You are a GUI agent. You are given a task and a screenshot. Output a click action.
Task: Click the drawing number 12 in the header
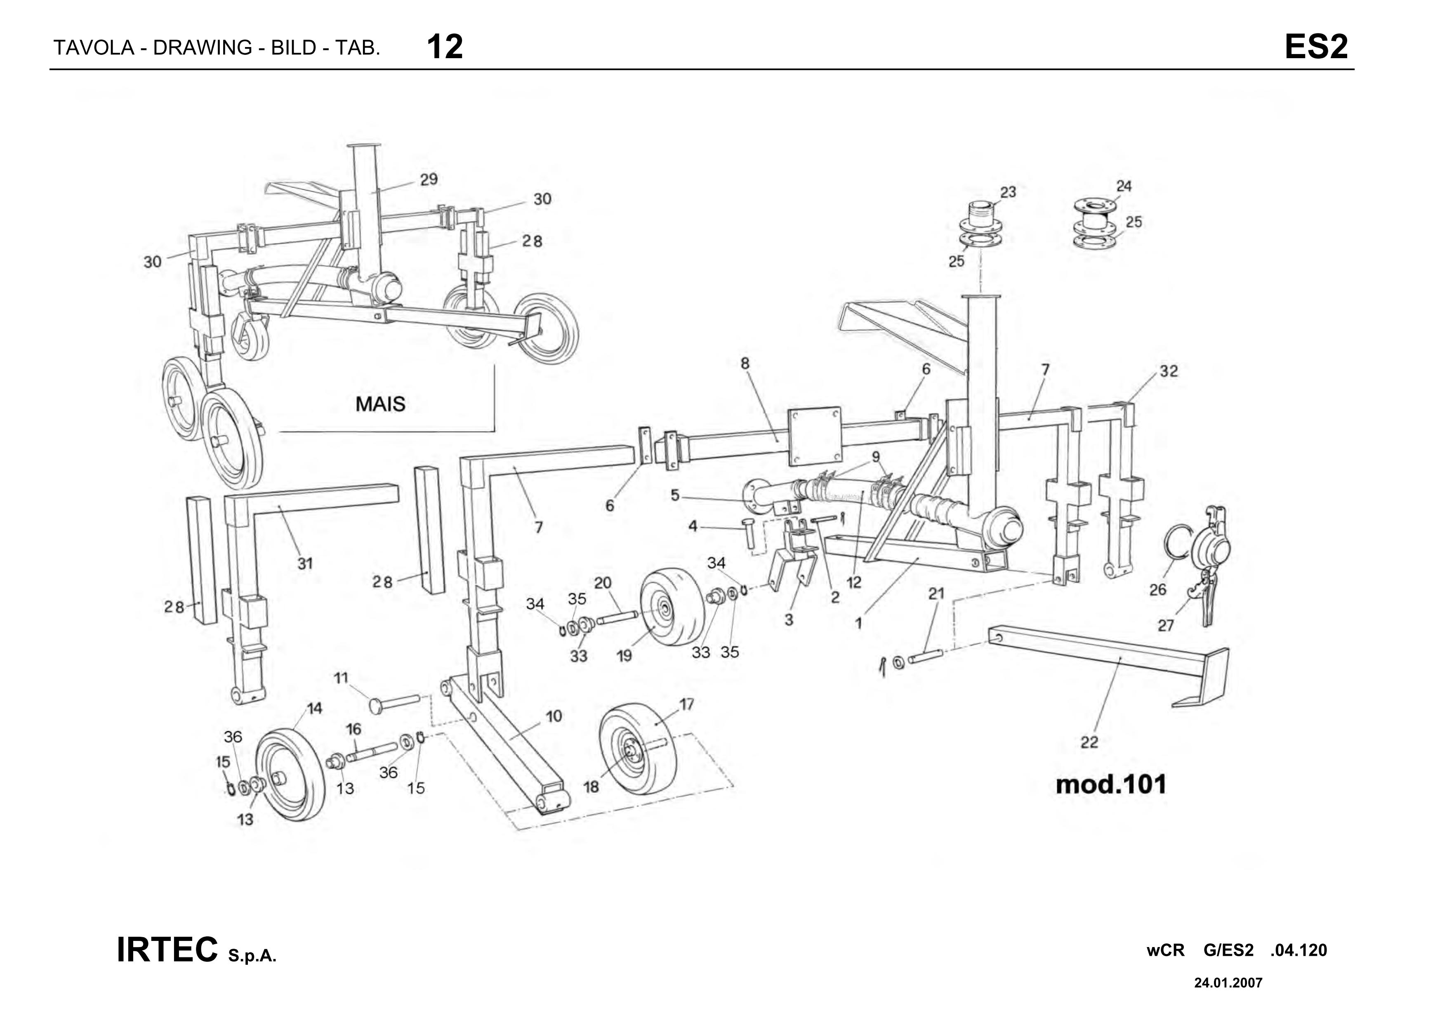pos(445,47)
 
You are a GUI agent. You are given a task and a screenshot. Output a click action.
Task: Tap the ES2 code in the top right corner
pos(1316,47)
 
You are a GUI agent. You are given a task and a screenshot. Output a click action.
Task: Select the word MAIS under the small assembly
pos(380,404)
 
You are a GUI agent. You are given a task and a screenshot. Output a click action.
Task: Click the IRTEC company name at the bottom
pos(167,950)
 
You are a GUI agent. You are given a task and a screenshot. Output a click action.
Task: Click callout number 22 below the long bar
pos(1089,742)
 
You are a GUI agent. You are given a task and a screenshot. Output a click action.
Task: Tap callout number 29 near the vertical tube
pos(429,180)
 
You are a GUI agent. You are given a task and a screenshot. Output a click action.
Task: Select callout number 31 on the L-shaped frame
pos(305,564)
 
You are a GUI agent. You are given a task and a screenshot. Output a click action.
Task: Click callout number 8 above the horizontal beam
pos(745,363)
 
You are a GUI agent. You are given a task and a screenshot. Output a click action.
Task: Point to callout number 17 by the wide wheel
pos(686,704)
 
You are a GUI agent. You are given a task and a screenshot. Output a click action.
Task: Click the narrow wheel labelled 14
pos(292,775)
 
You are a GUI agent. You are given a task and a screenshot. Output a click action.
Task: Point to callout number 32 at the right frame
pos(1169,371)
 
